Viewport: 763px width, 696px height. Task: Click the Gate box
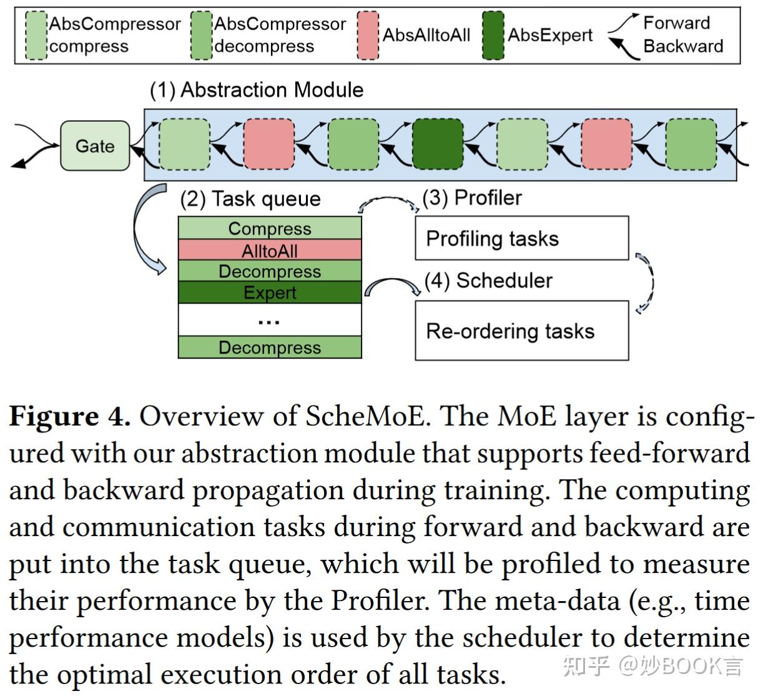95,146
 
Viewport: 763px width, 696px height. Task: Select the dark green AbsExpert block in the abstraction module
438,144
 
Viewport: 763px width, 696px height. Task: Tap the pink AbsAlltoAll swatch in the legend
368,35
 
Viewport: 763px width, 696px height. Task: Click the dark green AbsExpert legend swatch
493,35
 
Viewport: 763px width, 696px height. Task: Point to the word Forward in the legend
676,23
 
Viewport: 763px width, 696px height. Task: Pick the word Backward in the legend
683,46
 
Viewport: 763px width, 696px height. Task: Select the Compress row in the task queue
270,228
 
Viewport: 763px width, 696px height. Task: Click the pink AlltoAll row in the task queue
270,251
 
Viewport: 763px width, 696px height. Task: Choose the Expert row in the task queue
270,292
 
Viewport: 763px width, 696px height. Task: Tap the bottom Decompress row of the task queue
270,347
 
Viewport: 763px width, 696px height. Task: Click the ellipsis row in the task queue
270,320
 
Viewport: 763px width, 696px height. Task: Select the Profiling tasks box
521,238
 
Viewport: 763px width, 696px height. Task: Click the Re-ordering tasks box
521,331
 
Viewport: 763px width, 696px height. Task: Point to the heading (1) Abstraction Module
256,90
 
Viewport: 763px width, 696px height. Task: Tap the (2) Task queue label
250,199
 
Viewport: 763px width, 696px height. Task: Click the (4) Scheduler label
488,281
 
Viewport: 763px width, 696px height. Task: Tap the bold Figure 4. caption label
70,416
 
